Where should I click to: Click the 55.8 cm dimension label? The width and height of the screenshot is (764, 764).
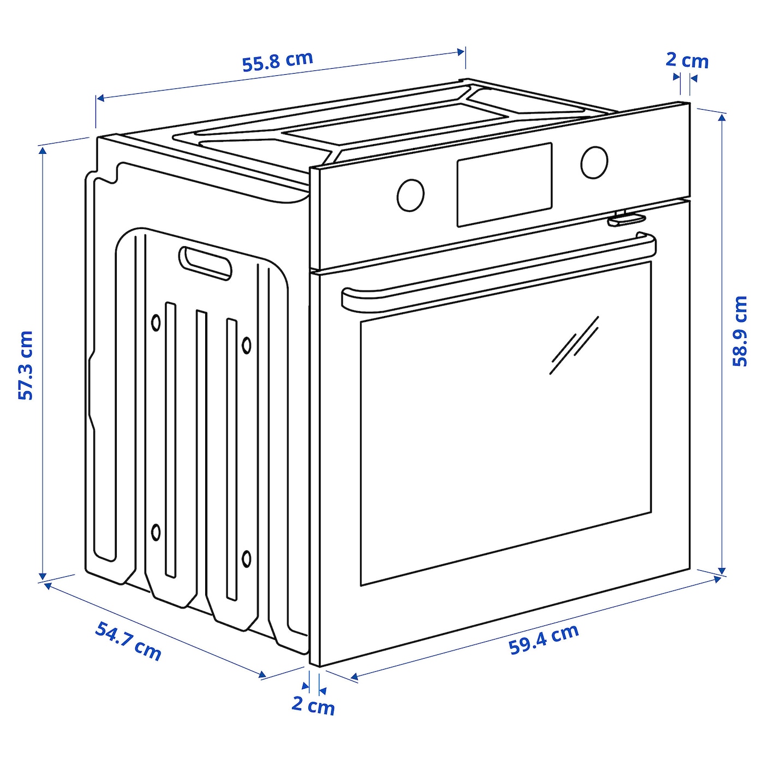pos(278,62)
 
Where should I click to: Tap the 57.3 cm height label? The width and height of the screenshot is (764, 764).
pos(26,365)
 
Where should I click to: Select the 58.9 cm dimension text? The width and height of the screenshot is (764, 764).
pos(740,331)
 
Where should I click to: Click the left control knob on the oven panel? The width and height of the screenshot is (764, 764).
pos(410,195)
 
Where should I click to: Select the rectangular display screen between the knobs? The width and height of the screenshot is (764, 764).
pos(505,185)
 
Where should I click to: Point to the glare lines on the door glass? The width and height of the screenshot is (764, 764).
pos(574,345)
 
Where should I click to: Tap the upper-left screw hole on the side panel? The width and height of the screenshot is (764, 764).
pos(156,323)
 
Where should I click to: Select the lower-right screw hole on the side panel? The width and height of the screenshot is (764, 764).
pos(246,558)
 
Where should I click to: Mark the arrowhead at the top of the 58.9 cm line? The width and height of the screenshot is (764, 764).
pos(723,118)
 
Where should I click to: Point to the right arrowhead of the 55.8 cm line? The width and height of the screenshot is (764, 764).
pos(461,51)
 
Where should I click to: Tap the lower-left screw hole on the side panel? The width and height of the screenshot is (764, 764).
pos(156,532)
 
